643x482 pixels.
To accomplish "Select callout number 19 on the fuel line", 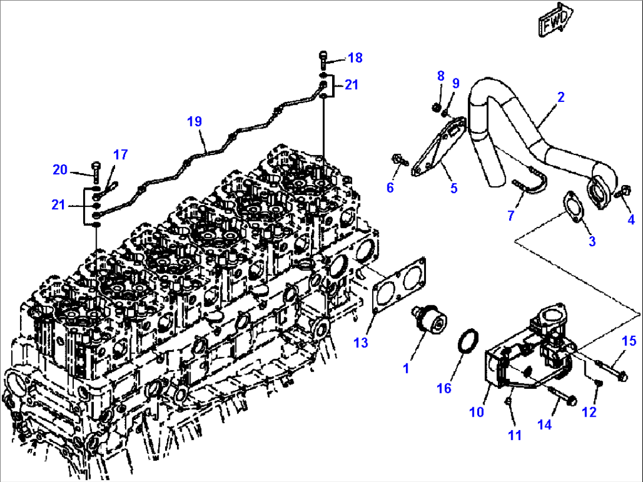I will click(195, 121).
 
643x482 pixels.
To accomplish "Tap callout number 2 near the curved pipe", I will click(560, 97).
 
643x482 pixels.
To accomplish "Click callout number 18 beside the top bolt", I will click(355, 58).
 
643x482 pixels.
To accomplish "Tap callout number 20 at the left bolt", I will click(60, 170).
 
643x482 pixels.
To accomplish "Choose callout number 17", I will click(120, 155).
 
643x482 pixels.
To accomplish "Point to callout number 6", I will click(390, 187).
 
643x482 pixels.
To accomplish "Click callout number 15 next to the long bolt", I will click(629, 341).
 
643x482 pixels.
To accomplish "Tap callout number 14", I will click(544, 424).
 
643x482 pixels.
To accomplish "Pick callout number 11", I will click(515, 435).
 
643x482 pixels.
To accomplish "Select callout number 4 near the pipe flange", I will click(631, 220).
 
